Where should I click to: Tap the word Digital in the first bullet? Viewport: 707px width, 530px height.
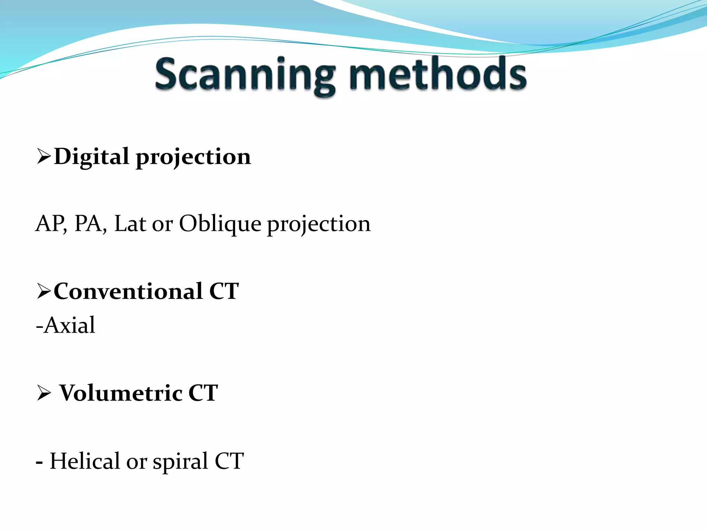(91, 157)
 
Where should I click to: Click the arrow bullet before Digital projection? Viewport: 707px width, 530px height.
(44, 157)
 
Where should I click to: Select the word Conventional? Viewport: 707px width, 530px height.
(128, 292)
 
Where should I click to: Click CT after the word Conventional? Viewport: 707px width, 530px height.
(224, 292)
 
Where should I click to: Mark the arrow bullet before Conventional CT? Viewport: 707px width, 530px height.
(44, 292)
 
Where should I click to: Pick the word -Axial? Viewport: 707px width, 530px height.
(66, 325)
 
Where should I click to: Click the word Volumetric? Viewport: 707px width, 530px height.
(121, 393)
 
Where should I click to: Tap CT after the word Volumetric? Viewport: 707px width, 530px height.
(203, 393)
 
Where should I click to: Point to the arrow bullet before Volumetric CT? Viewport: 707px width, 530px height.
(44, 393)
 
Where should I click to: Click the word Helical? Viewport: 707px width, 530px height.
(85, 461)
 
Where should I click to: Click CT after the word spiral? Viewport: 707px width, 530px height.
(229, 461)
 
